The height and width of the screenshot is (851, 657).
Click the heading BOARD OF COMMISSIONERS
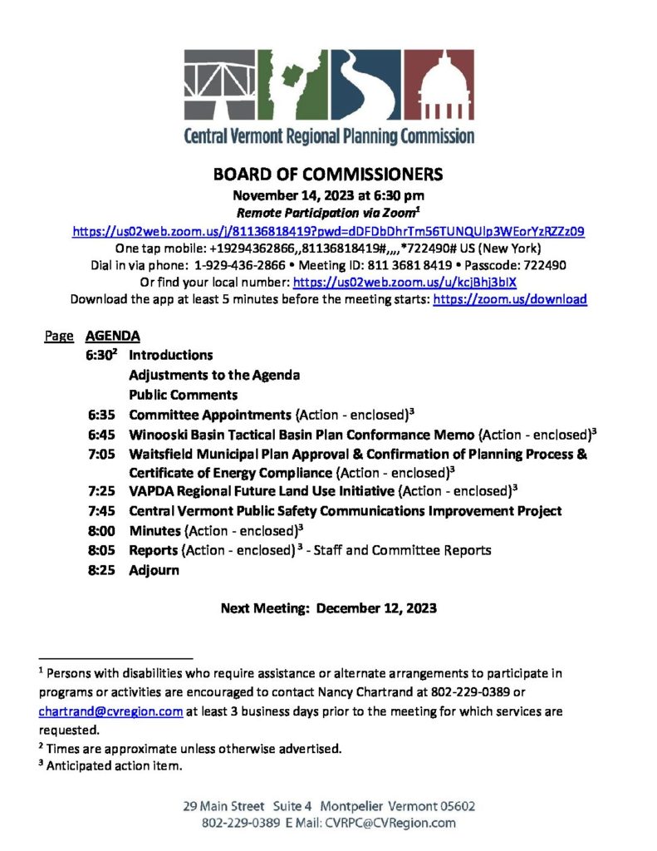tap(328, 175)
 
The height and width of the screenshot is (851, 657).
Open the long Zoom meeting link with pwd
tap(328, 233)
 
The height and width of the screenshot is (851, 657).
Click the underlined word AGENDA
tap(112, 337)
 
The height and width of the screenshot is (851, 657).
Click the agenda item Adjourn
tap(154, 571)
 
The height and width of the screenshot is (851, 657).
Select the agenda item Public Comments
tap(183, 394)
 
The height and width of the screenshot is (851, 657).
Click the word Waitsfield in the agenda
tap(162, 454)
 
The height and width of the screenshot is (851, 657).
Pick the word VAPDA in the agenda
tap(150, 491)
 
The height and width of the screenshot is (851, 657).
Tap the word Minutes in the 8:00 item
tap(154, 529)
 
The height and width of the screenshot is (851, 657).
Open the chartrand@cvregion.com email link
tap(110, 711)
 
